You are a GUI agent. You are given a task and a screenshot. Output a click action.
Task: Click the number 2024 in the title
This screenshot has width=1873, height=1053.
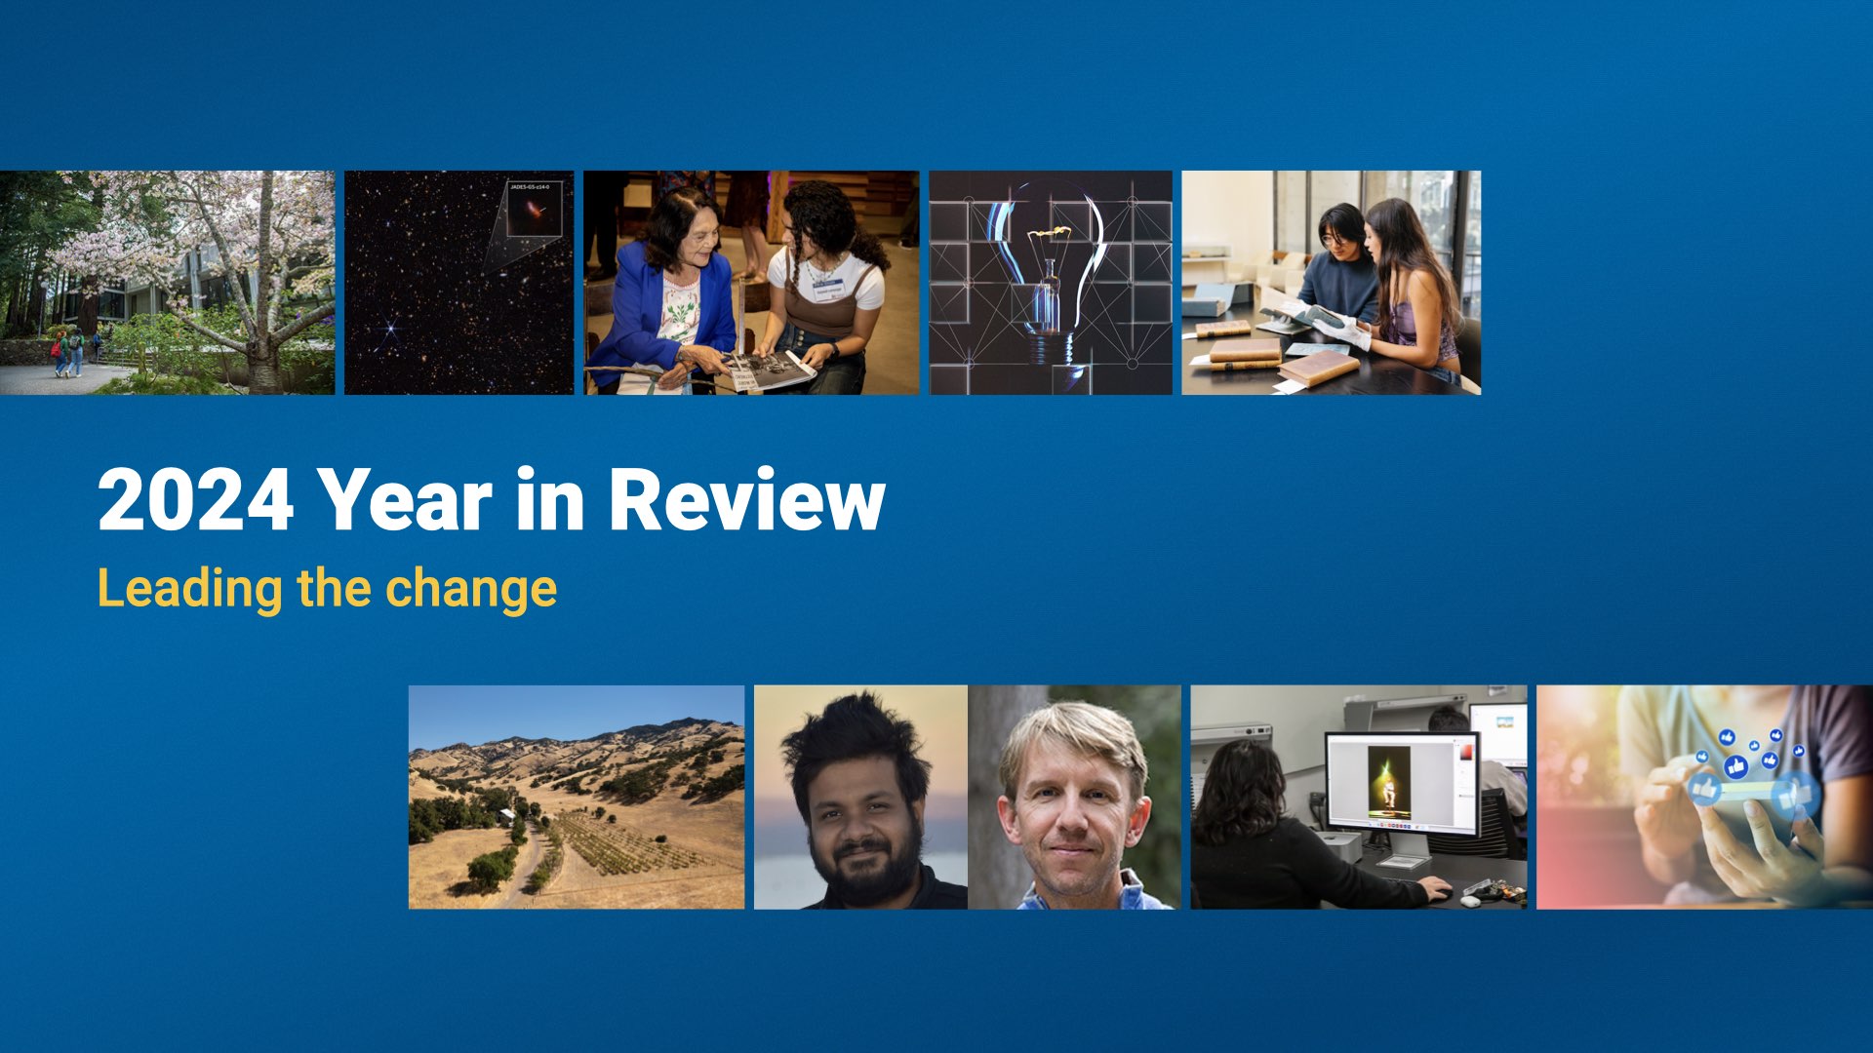pos(195,500)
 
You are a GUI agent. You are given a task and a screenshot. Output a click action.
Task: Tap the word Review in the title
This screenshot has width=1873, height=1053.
pos(746,500)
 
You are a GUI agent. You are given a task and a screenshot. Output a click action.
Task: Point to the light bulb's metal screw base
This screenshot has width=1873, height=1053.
pos(1048,347)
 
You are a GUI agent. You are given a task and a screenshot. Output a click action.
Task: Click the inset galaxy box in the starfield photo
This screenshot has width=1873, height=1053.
pos(535,209)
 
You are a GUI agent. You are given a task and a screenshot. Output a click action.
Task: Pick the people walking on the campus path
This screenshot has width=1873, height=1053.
pos(69,353)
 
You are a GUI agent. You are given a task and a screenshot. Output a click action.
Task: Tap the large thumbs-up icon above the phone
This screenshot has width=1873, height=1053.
pos(1735,767)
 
